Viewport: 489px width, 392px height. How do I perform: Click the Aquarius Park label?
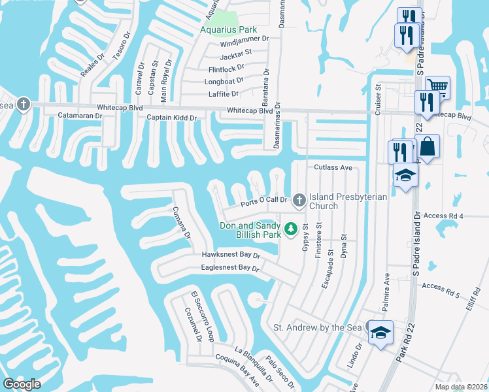click(228, 29)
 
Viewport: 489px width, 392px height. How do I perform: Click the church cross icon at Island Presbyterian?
click(299, 199)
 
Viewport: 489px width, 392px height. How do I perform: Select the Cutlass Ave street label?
click(333, 167)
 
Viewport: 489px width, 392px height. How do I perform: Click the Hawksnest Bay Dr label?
click(231, 255)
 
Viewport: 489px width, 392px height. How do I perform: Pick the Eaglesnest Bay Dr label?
click(230, 268)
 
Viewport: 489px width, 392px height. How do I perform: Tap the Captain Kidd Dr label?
click(172, 117)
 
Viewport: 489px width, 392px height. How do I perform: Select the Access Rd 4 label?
click(461, 216)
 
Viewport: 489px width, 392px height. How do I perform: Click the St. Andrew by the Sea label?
click(317, 327)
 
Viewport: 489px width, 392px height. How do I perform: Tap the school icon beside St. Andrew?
click(380, 332)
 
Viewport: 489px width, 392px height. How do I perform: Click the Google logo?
click(22, 384)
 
